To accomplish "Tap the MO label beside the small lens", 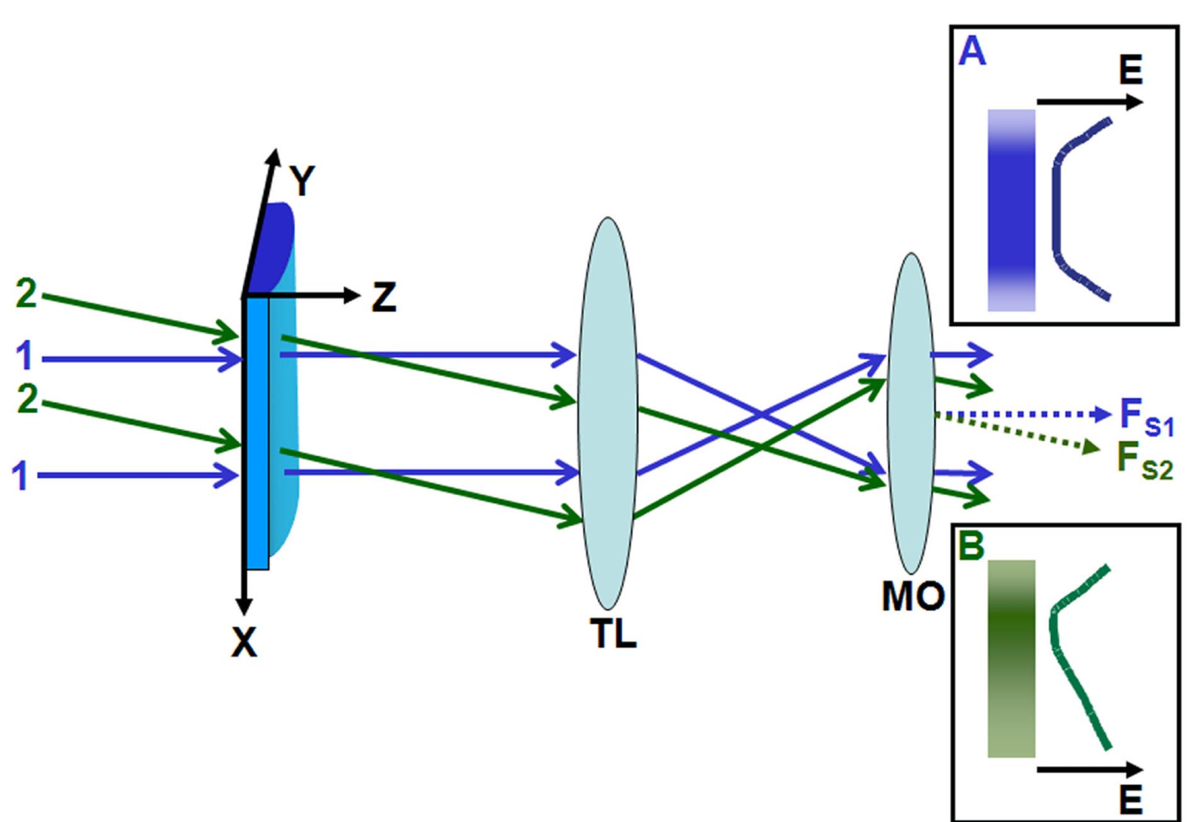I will point(913,596).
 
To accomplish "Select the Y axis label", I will point(302,181).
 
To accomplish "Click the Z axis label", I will point(384,297).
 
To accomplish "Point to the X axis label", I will point(244,643).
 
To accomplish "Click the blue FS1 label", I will point(1146,418).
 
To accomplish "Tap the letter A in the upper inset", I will point(972,52).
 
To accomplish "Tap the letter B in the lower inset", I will point(970,545).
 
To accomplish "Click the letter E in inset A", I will point(1130,71).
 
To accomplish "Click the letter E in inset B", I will point(1130,800).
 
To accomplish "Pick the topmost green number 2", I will point(26,294).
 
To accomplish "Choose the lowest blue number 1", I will point(21,476).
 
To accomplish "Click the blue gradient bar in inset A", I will point(1011,210).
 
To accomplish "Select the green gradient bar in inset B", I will point(1011,658).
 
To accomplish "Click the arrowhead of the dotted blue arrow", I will point(1103,414).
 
